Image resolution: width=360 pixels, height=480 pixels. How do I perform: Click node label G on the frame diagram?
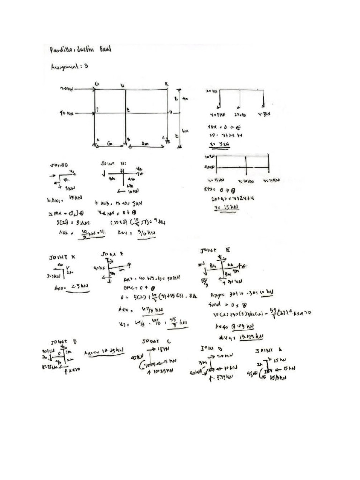tap(97, 84)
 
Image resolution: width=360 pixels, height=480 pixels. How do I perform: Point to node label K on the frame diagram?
tap(166, 84)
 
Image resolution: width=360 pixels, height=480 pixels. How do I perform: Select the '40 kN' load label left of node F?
tap(67, 113)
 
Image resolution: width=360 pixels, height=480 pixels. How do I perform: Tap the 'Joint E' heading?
tap(215, 250)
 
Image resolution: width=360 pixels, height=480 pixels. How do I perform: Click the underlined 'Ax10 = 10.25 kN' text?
tap(102, 353)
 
